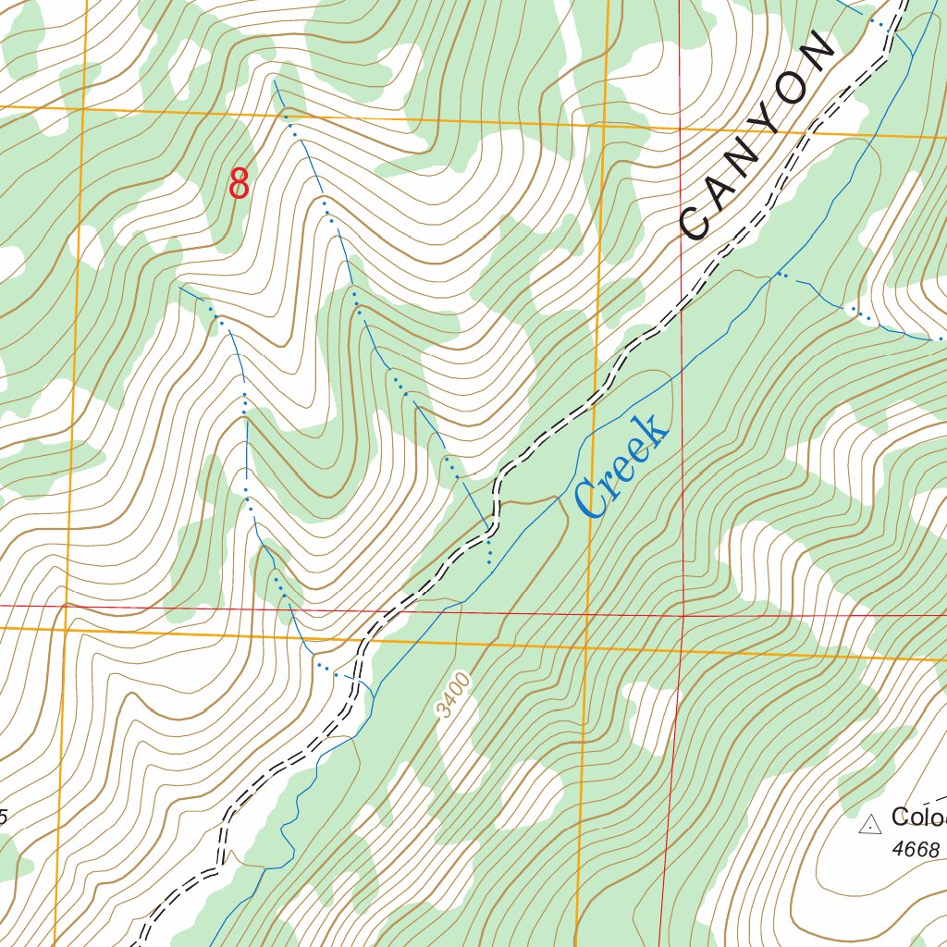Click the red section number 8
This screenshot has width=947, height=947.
pos(239,183)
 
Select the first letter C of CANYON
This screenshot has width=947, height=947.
pos(695,223)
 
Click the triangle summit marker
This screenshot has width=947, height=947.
pos(868,824)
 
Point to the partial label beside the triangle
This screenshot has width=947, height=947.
pos(918,818)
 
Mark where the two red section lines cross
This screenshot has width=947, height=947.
pos(683,615)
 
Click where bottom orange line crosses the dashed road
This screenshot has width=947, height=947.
pos(363,637)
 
